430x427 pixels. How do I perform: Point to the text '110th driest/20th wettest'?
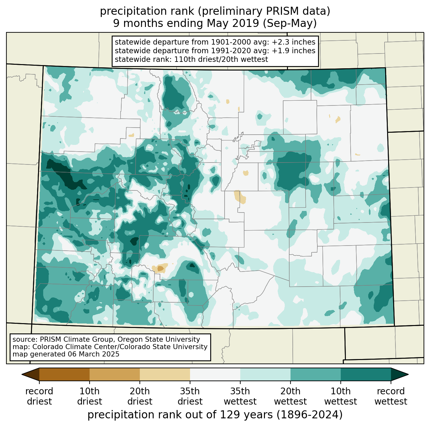[x=221, y=59]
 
